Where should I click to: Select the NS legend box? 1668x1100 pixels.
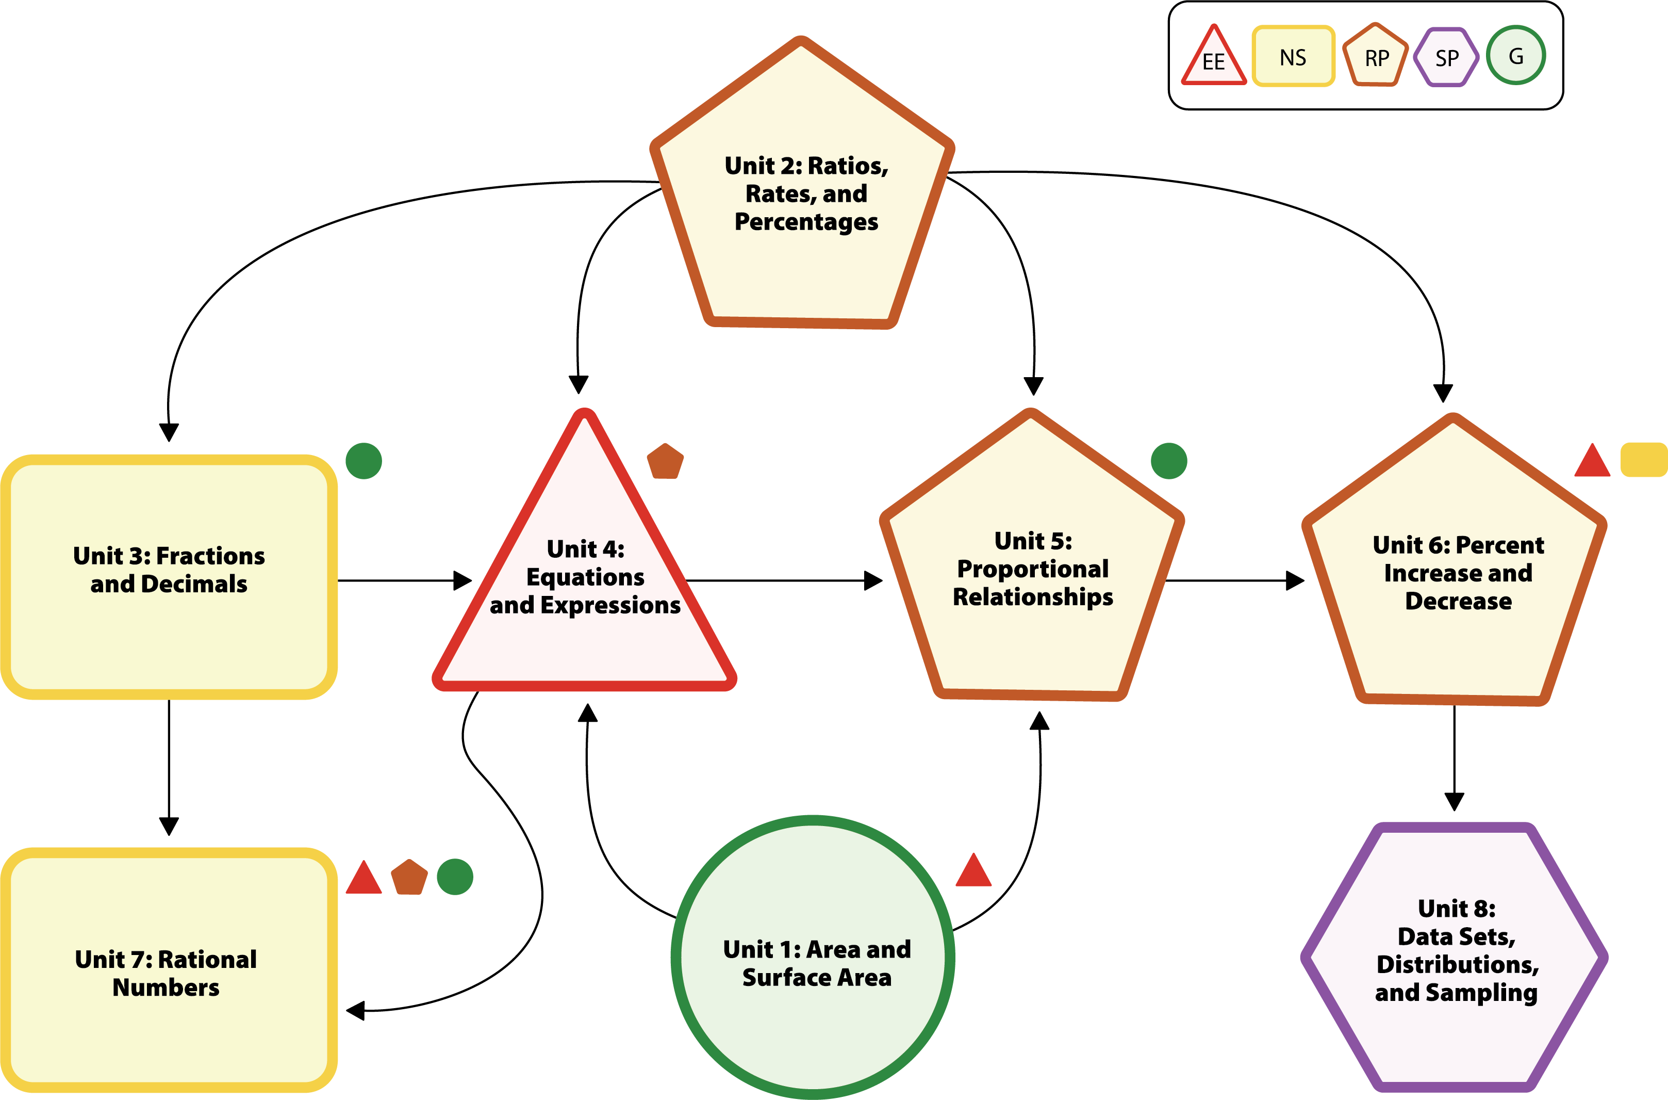1293,57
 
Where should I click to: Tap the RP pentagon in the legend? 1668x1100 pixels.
1376,56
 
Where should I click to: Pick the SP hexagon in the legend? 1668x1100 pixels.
1446,57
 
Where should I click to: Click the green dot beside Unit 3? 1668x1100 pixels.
364,461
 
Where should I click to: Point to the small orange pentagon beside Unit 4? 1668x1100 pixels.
665,462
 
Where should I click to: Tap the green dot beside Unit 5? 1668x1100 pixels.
1169,461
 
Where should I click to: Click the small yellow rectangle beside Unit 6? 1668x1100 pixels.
1643,460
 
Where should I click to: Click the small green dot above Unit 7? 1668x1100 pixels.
455,877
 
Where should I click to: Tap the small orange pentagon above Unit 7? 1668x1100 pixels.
409,878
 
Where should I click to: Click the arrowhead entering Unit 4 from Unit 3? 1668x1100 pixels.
463,580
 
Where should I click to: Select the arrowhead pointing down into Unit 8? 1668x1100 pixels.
1454,801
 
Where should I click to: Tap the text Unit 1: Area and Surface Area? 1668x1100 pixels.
817,963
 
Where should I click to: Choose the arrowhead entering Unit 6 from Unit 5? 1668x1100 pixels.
1295,580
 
